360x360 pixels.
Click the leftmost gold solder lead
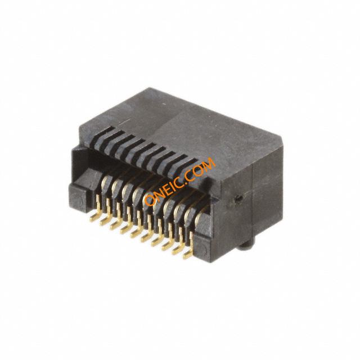tap(97, 211)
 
